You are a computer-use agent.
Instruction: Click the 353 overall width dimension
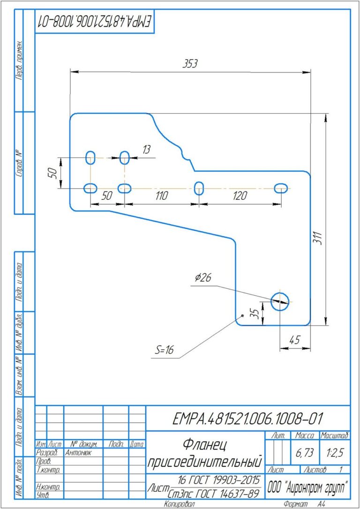coord(190,64)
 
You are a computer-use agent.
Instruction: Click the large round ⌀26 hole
coord(280,301)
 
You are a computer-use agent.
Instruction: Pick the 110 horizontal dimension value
coord(161,196)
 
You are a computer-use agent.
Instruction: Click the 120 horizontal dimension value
coord(240,196)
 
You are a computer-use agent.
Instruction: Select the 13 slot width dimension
coord(147,150)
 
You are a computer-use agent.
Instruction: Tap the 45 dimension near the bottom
coord(295,340)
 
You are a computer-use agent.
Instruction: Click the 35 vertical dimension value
coord(256,313)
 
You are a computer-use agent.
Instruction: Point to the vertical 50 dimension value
coord(52,173)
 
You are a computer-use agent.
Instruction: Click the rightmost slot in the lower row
coord(281,188)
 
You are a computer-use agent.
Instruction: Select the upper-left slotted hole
coord(90,158)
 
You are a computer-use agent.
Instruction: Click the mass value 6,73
coord(304,453)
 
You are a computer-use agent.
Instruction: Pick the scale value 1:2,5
coord(335,453)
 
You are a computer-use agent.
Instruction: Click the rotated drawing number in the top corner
coord(94,22)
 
